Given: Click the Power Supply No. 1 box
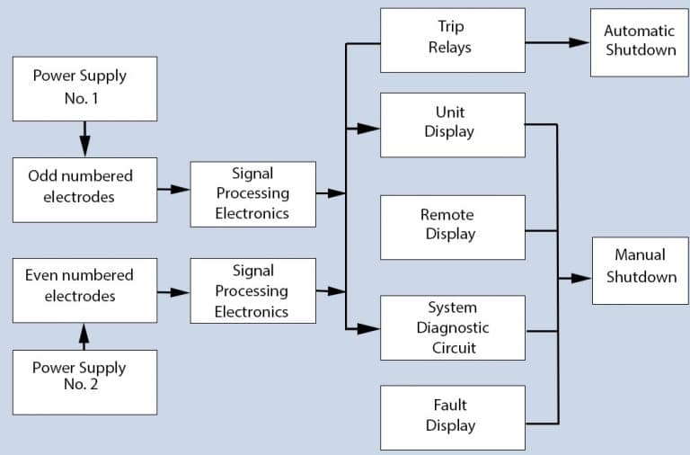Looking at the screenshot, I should [84, 88].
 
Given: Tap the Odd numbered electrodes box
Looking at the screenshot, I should [84, 190].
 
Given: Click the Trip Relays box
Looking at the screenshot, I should [452, 40].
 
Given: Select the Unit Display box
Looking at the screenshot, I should [452, 123].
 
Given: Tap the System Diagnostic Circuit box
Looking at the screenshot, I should [452, 327].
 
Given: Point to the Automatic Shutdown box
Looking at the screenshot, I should [639, 42].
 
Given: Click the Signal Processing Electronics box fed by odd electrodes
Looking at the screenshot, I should [252, 193].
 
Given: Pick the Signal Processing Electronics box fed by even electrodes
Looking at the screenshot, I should [252, 290].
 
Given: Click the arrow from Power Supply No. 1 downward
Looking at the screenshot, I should [84, 138].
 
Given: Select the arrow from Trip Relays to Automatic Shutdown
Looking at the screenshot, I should [557, 41].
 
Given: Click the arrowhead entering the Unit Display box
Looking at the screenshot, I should [369, 129].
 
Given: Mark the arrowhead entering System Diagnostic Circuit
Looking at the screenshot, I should [369, 329].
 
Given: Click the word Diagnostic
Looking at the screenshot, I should [452, 327].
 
